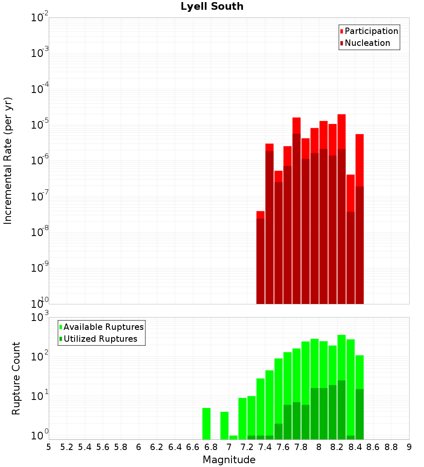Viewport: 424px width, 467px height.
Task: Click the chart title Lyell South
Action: [x=212, y=7]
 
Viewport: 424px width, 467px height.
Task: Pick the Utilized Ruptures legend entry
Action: [x=100, y=339]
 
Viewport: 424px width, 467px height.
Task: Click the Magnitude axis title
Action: [x=229, y=460]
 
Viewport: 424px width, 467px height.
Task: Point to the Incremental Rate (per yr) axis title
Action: [x=8, y=160]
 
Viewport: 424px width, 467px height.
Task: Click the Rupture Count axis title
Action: [x=16, y=378]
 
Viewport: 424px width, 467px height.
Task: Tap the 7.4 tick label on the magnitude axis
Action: [x=265, y=447]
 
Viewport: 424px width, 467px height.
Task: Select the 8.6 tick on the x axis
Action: [x=373, y=447]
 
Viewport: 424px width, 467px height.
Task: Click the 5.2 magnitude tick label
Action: [x=67, y=447]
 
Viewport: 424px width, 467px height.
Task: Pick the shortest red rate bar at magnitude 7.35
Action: [x=260, y=259]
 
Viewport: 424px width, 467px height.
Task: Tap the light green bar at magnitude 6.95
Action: [x=224, y=425]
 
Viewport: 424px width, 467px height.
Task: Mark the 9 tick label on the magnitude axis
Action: [x=409, y=447]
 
